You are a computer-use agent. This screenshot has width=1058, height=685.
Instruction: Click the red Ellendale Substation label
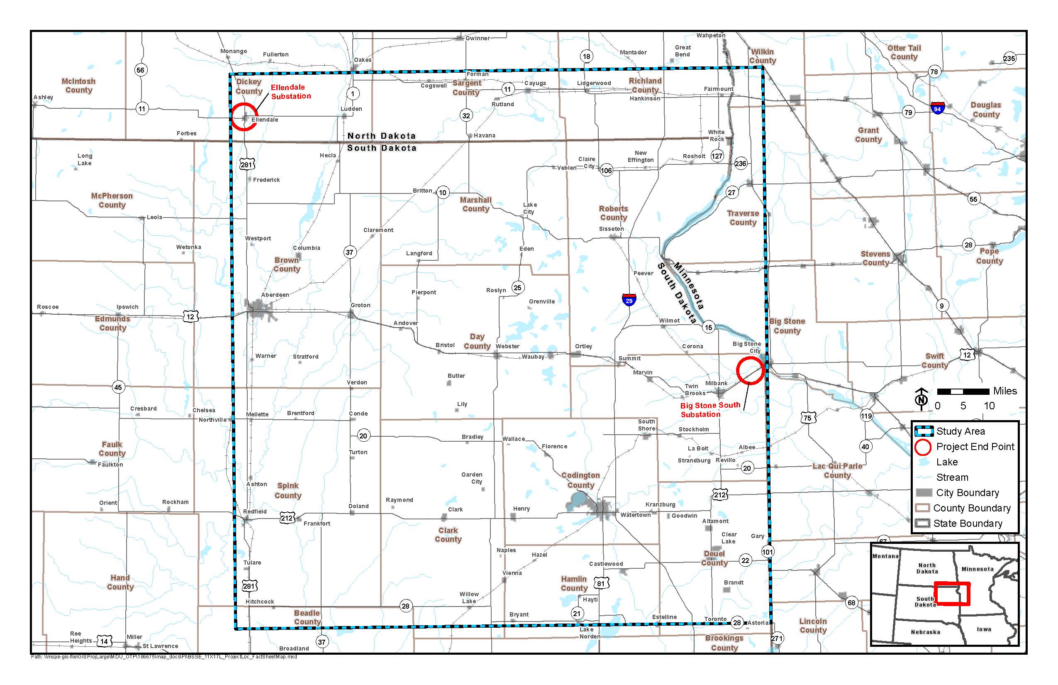[x=291, y=92]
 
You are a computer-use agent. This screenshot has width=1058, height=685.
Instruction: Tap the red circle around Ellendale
[x=244, y=117]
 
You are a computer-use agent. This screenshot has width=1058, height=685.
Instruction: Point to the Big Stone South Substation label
[x=710, y=410]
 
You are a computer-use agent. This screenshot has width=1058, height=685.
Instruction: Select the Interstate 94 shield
[x=937, y=108]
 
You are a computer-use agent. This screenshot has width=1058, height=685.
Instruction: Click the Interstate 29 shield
[x=629, y=300]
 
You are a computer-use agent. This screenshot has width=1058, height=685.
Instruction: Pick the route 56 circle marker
[x=141, y=70]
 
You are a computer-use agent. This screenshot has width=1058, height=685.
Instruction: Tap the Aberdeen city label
[x=275, y=294]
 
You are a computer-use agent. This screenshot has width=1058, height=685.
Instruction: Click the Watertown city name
[x=635, y=515]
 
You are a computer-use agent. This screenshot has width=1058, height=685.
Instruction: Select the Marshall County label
[x=475, y=204]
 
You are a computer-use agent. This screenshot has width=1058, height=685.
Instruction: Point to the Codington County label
[x=580, y=480]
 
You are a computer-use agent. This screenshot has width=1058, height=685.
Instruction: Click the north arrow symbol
[x=921, y=398]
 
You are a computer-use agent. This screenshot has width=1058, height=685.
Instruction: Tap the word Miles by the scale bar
[x=1005, y=391]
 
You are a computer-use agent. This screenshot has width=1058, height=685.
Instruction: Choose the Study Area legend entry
[x=960, y=431]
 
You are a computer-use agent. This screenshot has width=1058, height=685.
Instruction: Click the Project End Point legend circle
[x=923, y=447]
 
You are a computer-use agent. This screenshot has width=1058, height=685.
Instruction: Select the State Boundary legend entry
[x=967, y=524]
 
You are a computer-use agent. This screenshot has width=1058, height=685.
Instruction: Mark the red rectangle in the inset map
[x=952, y=593]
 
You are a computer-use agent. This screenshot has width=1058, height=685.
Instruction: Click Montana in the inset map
[x=885, y=556]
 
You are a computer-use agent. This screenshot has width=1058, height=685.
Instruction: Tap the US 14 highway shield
[x=104, y=641]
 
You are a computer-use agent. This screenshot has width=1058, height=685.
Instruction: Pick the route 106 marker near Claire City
[x=606, y=170]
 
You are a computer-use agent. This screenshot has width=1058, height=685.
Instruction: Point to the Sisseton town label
[x=611, y=229]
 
